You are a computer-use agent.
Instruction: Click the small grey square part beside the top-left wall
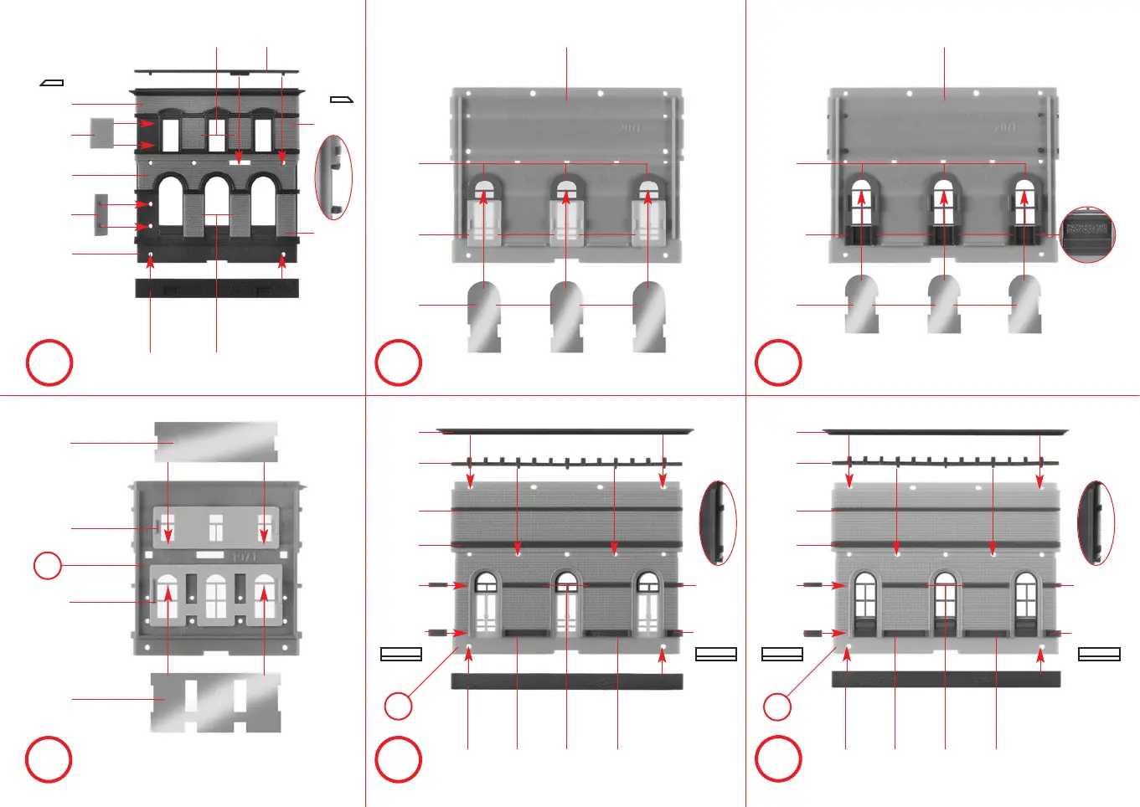tap(101, 133)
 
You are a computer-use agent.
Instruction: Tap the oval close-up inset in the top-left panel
tap(333, 177)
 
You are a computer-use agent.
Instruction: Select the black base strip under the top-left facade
tap(217, 288)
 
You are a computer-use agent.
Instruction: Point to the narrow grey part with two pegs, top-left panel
tap(101, 215)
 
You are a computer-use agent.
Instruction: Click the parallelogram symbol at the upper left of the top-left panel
tap(52, 83)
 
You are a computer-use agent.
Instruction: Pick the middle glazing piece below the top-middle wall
tap(567, 316)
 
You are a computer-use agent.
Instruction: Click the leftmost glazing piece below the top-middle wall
tap(483, 316)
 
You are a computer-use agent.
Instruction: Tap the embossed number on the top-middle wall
tap(630, 127)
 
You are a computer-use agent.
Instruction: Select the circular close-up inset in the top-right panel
tap(1087, 234)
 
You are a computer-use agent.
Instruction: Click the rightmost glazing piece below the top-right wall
tap(1025, 305)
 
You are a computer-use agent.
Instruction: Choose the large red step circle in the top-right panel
tap(778, 363)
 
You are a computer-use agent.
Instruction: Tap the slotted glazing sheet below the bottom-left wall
tap(215, 702)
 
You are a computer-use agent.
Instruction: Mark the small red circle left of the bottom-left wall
tap(48, 565)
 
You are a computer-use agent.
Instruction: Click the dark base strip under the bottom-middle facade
tap(566, 681)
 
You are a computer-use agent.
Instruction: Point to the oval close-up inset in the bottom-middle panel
tap(718, 522)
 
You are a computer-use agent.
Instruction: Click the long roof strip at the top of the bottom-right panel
tap(945, 432)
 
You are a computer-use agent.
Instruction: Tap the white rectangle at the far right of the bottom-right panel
tap(1099, 655)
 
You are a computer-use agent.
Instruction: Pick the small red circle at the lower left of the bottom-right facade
tap(777, 707)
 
